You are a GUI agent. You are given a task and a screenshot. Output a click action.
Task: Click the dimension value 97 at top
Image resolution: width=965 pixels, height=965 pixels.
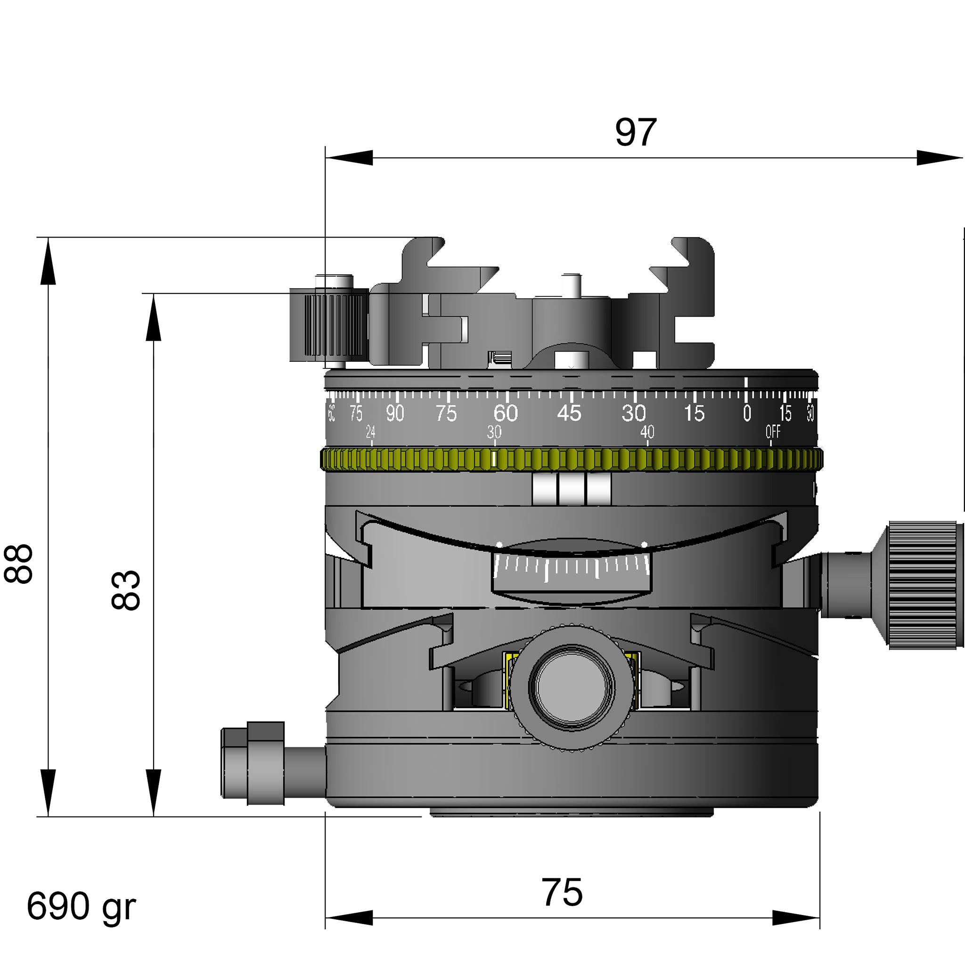tap(635, 132)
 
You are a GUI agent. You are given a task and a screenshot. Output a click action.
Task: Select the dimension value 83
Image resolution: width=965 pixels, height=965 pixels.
tap(125, 589)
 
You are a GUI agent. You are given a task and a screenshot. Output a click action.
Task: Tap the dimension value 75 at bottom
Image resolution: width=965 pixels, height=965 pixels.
tap(562, 892)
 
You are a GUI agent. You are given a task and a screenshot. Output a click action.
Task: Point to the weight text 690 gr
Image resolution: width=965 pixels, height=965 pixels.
tap(81, 906)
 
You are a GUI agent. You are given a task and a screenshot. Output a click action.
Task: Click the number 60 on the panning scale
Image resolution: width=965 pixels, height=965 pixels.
tap(506, 413)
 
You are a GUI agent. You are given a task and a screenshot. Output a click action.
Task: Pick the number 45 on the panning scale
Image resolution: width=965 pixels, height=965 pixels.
tap(569, 413)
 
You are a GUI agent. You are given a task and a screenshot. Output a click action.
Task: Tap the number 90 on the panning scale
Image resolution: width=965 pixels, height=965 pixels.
tap(394, 413)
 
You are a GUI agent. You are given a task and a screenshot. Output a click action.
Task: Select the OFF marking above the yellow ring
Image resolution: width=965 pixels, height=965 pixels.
tap(773, 432)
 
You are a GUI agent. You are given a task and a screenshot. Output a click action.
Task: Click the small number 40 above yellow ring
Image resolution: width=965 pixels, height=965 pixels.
tap(647, 432)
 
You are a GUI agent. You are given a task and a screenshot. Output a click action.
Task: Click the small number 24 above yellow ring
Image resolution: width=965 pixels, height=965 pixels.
tap(371, 432)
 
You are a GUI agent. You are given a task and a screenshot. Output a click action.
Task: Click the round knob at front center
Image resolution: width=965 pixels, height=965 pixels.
tap(572, 687)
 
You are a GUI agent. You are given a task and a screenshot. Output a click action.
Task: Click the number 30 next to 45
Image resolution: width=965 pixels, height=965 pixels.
tap(633, 413)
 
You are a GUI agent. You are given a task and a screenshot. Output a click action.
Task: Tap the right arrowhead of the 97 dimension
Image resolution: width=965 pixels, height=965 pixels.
tap(939, 158)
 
